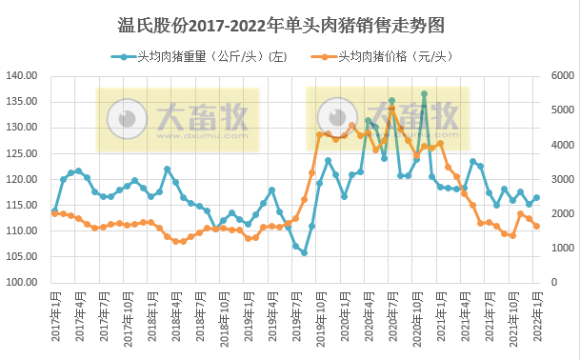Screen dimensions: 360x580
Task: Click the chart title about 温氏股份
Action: [289, 23]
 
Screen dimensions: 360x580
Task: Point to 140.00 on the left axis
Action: [21, 75]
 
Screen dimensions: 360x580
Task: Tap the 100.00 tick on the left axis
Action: [21, 283]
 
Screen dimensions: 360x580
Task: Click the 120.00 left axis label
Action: [21, 179]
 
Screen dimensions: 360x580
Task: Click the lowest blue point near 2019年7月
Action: [304, 252]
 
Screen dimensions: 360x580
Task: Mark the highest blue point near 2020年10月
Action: [424, 93]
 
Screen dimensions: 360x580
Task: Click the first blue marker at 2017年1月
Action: [54, 210]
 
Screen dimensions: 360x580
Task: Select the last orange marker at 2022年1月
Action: [537, 226]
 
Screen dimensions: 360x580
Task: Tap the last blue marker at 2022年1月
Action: [537, 198]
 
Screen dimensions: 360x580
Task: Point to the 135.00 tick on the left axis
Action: [21, 101]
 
